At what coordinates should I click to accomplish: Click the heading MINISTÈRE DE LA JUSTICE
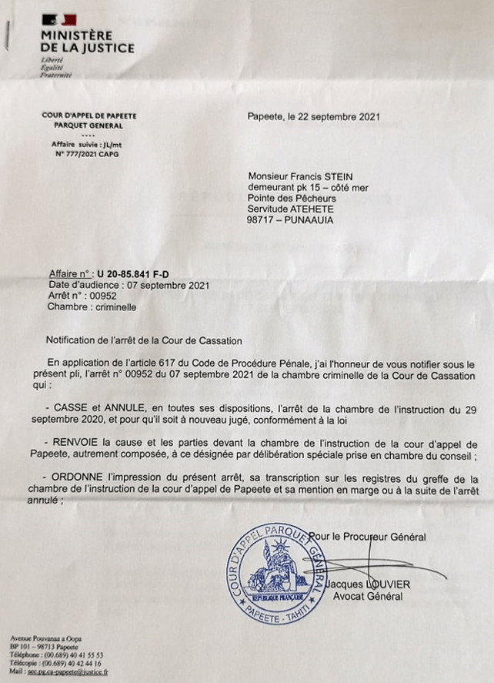tap(88, 42)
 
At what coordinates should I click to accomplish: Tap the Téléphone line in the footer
tap(57, 655)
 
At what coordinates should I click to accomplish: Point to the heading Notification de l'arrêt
tap(144, 340)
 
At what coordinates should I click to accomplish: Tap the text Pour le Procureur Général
tap(370, 537)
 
